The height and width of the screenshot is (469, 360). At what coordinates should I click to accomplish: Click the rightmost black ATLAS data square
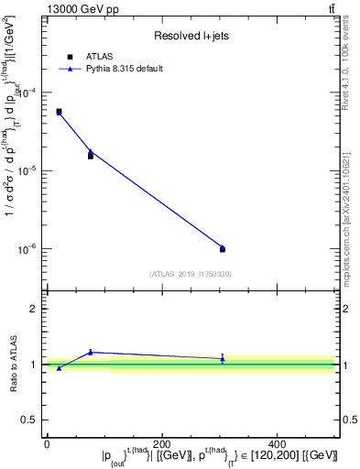coord(223,249)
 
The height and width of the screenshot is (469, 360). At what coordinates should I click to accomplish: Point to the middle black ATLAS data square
coord(91,156)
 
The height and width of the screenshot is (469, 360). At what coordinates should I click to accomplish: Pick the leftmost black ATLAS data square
coord(59,112)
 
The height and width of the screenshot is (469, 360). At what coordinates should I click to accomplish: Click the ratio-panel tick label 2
coord(34,309)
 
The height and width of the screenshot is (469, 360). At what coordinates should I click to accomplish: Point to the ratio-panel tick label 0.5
coord(30,420)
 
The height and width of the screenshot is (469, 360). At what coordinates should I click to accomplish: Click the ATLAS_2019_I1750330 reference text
coord(191,274)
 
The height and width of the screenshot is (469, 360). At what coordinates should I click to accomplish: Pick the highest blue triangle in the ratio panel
coord(91,352)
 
